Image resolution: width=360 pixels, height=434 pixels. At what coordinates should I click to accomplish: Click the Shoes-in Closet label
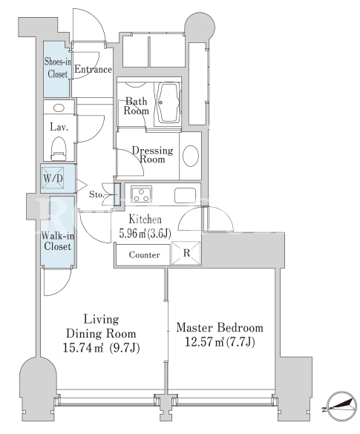tap(57, 68)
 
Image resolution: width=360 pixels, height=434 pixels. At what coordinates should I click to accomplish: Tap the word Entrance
tap(93, 69)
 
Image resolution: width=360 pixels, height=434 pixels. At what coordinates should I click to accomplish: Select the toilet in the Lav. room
tap(59, 149)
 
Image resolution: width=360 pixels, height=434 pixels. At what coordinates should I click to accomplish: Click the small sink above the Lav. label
tap(59, 108)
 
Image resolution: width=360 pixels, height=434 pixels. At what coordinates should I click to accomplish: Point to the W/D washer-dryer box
tap(53, 177)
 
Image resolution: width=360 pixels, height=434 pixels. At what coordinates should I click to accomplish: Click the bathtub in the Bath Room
tap(168, 102)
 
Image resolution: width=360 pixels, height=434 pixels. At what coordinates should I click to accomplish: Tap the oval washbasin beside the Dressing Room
tap(191, 156)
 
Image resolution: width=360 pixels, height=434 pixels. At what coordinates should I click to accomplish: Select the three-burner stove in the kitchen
tap(141, 194)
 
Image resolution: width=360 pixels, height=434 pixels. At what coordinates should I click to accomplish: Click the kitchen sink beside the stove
tap(185, 195)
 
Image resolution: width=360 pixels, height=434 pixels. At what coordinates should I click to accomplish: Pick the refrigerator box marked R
tap(186, 253)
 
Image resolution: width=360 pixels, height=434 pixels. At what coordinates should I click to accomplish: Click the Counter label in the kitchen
tap(144, 254)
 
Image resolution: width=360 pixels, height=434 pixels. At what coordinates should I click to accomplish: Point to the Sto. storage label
tap(96, 194)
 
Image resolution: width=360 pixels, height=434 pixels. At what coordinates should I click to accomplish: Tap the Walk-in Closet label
tap(58, 241)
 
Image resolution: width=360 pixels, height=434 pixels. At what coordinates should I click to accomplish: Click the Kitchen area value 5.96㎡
tap(133, 234)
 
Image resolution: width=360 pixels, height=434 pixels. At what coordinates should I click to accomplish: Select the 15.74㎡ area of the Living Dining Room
tap(83, 347)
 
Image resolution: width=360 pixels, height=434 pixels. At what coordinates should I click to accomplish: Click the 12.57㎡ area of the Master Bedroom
tap(204, 342)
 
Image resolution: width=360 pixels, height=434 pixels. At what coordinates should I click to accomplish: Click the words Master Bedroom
tap(220, 328)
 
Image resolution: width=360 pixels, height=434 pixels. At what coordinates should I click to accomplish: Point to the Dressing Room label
tap(152, 154)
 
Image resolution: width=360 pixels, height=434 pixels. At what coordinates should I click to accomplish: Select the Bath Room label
tap(136, 106)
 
